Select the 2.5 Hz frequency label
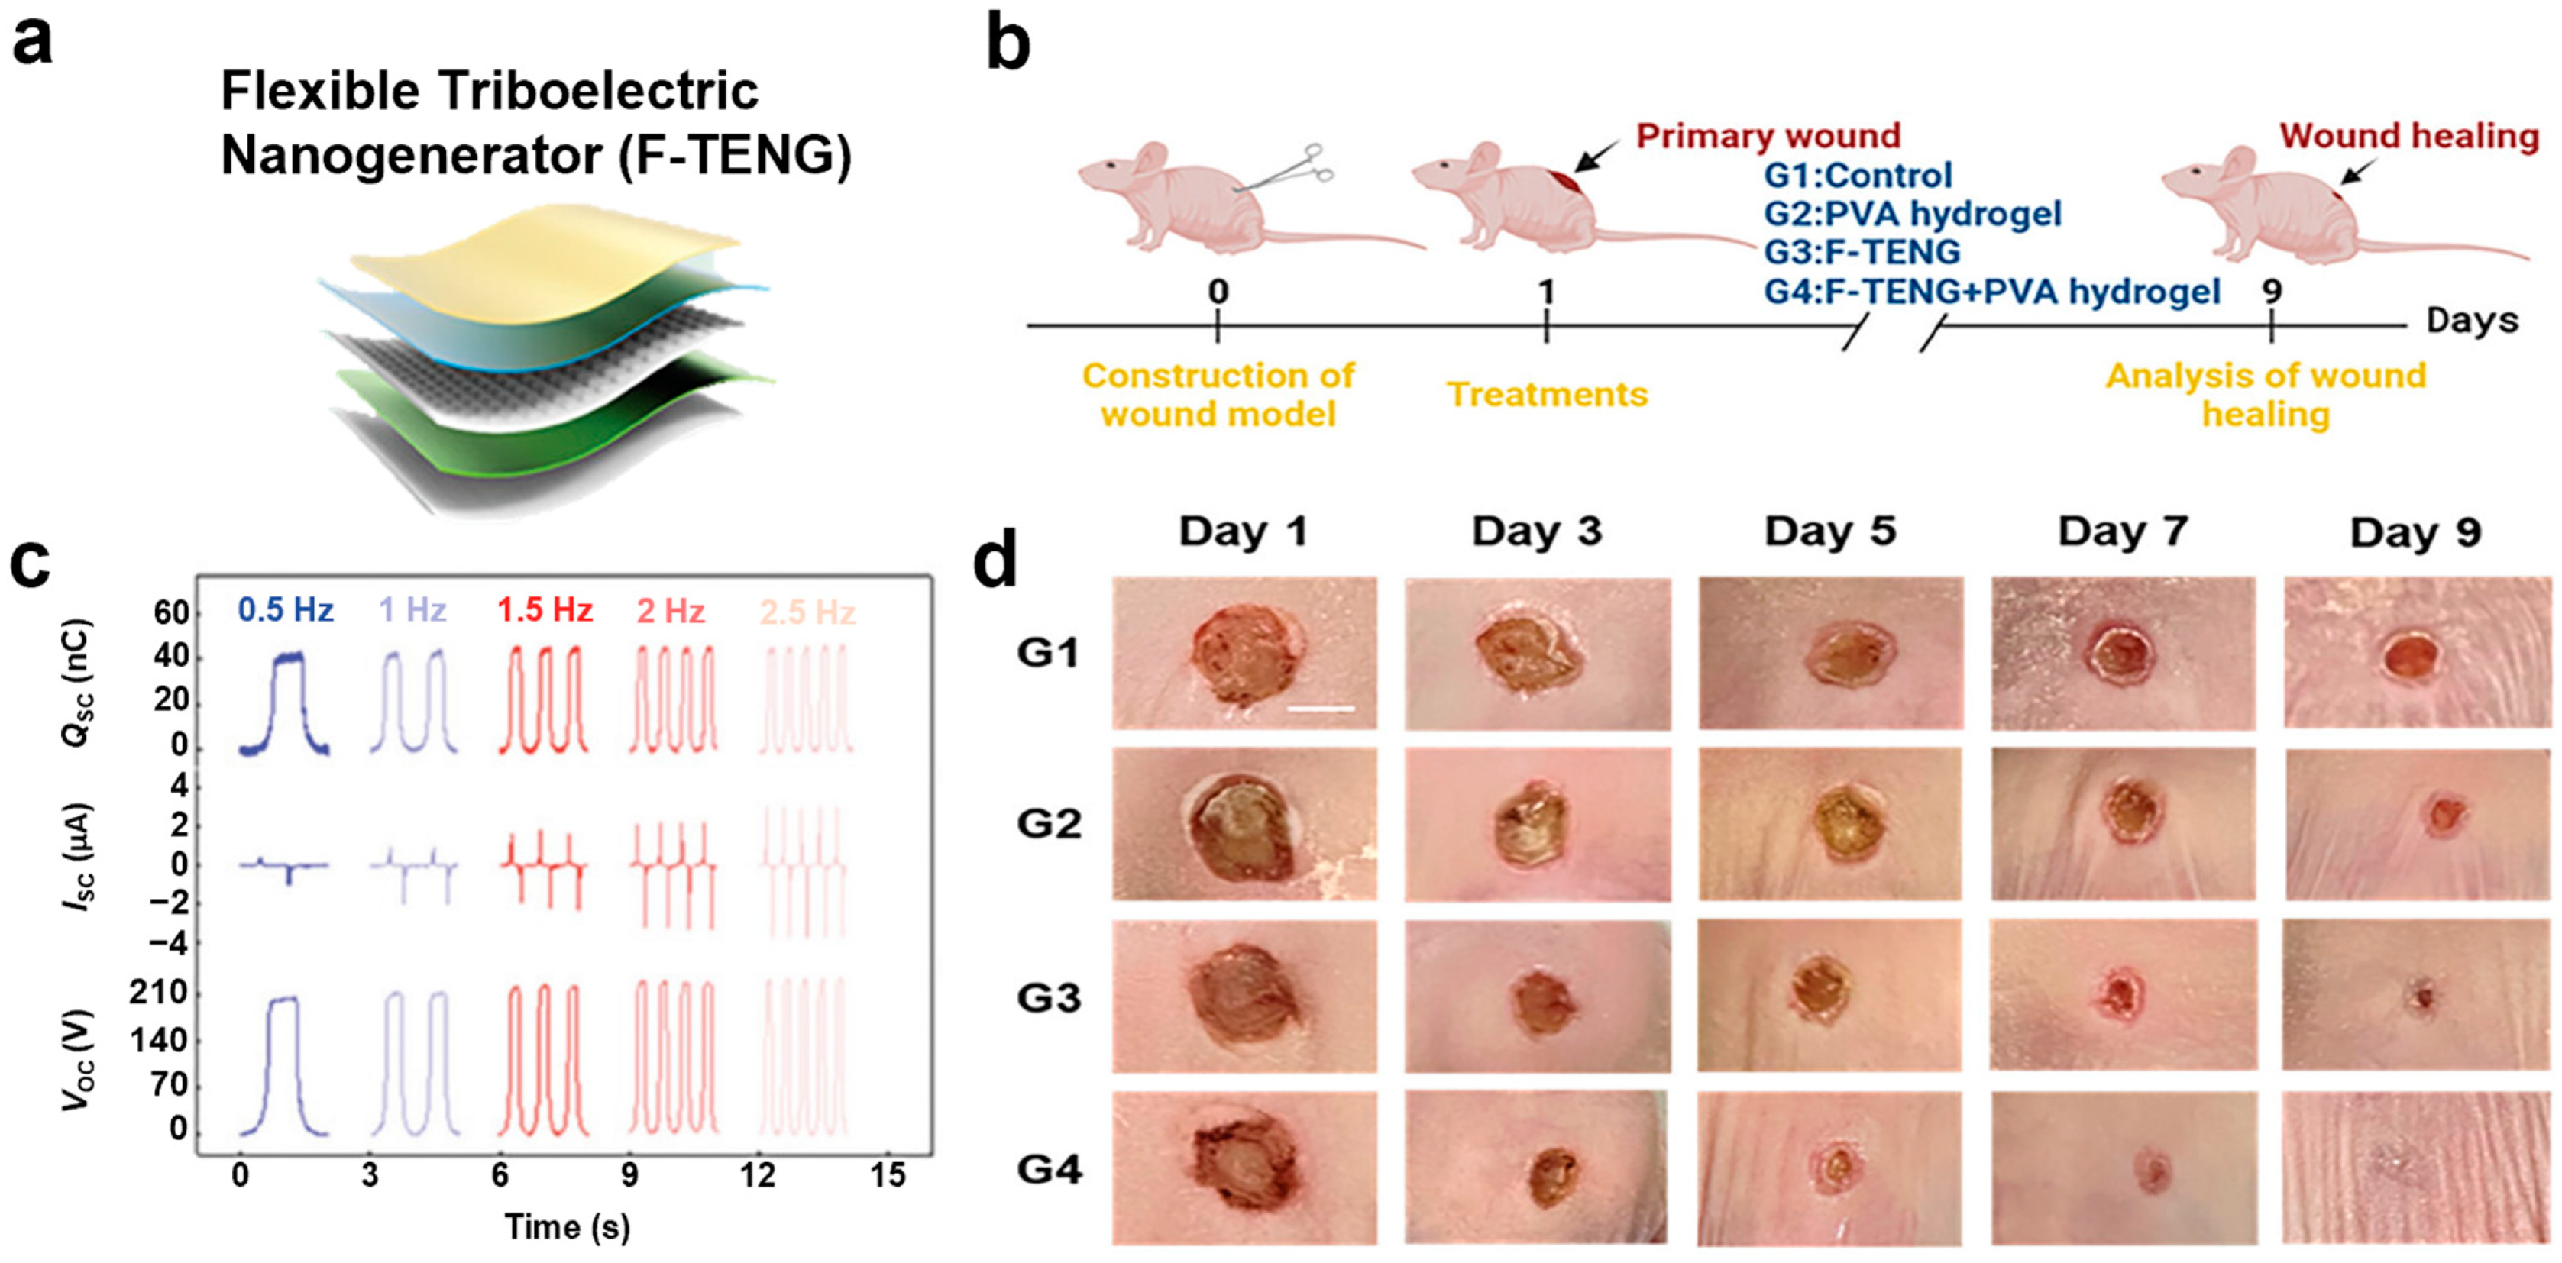point(807,612)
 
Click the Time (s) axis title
point(567,1226)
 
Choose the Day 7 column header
point(2123,532)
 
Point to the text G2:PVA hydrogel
point(1911,214)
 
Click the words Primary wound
point(1768,136)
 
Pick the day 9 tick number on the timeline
point(2272,292)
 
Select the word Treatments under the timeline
point(1547,395)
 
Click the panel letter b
point(1008,45)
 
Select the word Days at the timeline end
point(2472,320)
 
